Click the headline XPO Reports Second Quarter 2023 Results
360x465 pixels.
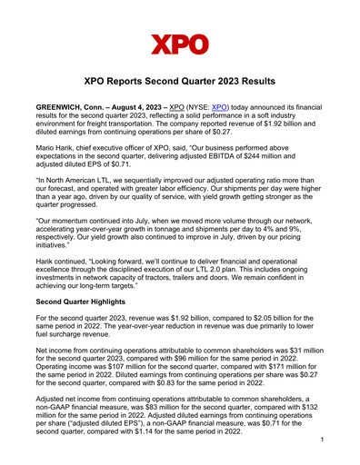180,81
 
